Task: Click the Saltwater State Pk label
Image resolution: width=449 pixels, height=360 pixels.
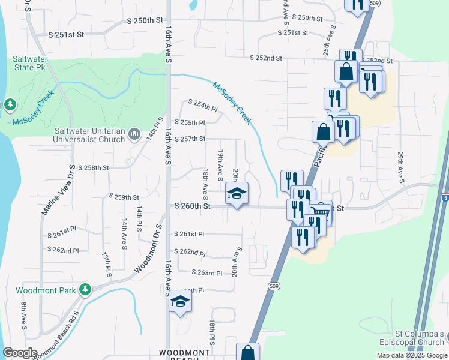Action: pyautogui.click(x=29, y=64)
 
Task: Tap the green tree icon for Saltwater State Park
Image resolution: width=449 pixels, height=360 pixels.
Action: pyautogui.click(x=10, y=105)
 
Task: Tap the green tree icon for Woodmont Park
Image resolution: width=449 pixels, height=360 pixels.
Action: pyautogui.click(x=86, y=290)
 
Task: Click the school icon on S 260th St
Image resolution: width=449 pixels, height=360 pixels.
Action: pyautogui.click(x=237, y=194)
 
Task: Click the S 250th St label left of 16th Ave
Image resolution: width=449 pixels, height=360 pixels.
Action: pyautogui.click(x=145, y=20)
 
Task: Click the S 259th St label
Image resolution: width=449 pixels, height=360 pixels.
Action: pyautogui.click(x=124, y=197)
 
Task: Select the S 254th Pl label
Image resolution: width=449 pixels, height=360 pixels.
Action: pyautogui.click(x=202, y=106)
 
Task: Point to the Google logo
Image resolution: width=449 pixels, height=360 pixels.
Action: pyautogui.click(x=20, y=353)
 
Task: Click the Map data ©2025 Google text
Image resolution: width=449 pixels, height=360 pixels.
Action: pyautogui.click(x=411, y=355)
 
